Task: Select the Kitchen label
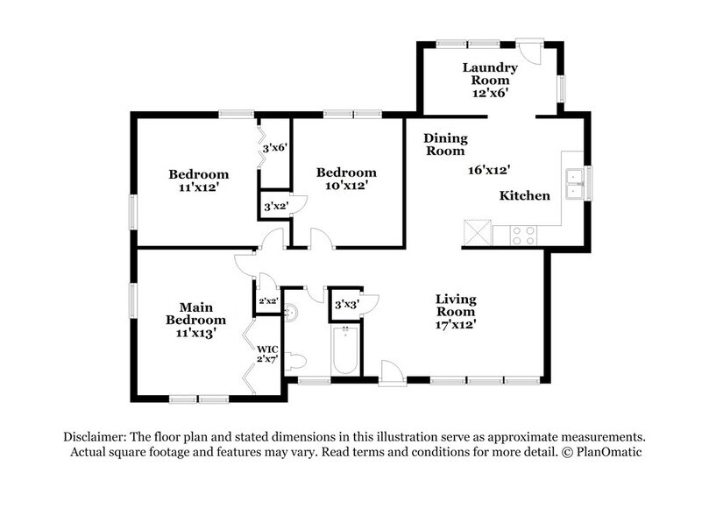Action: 524,196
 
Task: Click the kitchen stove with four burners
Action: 523,235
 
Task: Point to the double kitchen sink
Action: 576,184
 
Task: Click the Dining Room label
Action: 445,145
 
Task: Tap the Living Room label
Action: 456,311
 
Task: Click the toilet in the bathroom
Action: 296,360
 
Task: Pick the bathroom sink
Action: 294,312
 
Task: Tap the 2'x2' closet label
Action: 266,302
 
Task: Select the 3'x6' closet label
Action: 275,150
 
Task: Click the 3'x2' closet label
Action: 275,207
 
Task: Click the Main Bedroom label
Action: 196,320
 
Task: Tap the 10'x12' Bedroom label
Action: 346,179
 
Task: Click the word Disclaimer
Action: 94,436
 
